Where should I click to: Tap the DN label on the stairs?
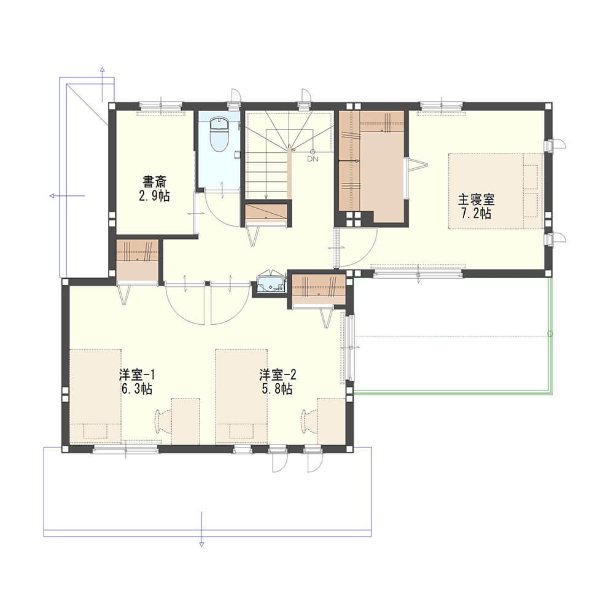pos(313,159)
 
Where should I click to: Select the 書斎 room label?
pos(154,182)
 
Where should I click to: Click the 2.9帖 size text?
pos(154,195)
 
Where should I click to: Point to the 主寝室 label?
pos(476,200)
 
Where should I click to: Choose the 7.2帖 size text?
pos(476,214)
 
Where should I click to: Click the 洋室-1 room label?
pos(137,375)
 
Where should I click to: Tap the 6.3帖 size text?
pos(137,389)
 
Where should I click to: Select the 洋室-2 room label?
pos(278,375)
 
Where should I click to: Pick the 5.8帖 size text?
pos(278,389)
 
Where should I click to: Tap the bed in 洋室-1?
pos(95,396)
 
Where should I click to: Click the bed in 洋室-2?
pos(241,396)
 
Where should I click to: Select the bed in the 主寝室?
pos(495,191)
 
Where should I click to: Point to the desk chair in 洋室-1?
pos(161,421)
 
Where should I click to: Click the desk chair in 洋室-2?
pos(308,421)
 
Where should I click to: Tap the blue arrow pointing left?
pos(67,196)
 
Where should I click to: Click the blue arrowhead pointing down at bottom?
pos(201,544)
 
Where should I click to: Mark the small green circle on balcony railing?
pos(550,334)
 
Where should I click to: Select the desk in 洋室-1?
pos(185,421)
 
